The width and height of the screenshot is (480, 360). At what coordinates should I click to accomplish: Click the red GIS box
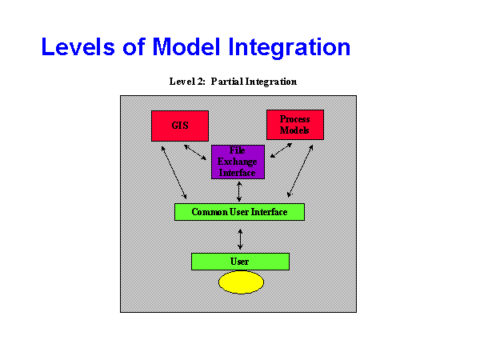(x=179, y=126)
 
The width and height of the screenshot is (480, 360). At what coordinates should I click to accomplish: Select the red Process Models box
(x=294, y=125)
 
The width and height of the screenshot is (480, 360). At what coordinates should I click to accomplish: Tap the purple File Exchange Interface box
(x=238, y=162)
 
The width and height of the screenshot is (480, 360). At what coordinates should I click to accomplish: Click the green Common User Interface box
(x=239, y=212)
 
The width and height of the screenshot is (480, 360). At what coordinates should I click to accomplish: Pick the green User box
(x=239, y=262)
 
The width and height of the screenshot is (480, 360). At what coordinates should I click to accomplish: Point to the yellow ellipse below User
(x=241, y=282)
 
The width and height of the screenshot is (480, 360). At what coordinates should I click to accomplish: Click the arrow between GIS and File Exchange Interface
(x=195, y=151)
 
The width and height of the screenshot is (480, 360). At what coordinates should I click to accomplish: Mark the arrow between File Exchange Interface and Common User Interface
(x=239, y=190)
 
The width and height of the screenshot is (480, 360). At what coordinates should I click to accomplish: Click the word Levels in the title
(x=79, y=47)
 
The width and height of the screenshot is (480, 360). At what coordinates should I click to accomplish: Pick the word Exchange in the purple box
(x=238, y=162)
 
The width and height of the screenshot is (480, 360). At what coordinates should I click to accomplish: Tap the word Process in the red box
(x=294, y=119)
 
